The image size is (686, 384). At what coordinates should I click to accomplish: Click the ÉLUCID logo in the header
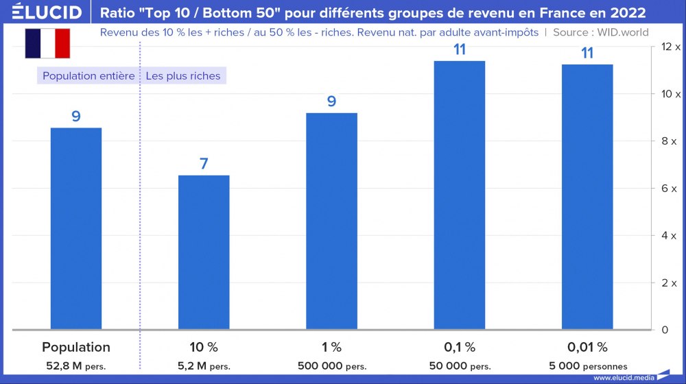tap(43, 12)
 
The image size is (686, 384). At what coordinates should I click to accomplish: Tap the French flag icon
tap(47, 44)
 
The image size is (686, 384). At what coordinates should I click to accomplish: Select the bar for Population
tap(76, 228)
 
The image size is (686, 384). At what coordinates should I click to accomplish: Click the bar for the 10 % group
tap(204, 252)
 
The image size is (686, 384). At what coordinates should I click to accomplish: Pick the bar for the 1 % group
tap(331, 221)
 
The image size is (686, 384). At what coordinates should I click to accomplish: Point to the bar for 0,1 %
tap(460, 195)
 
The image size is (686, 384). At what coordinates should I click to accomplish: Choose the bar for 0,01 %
tap(587, 197)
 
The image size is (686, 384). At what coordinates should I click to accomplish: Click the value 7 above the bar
tap(204, 164)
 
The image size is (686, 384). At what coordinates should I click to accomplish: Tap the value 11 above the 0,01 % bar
tap(587, 53)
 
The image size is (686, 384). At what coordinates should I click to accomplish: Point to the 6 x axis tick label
tap(669, 189)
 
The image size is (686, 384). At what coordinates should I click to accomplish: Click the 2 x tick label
tap(669, 283)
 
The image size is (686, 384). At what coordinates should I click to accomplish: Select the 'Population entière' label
tap(88, 76)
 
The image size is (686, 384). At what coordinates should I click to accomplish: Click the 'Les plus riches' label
tap(183, 76)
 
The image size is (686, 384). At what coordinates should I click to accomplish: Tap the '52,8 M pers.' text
tap(76, 366)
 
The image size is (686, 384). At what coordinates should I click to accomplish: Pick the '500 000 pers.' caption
tap(331, 366)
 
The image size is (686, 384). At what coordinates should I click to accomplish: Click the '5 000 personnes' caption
tap(587, 366)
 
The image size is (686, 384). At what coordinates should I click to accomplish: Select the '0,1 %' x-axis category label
tap(460, 347)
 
